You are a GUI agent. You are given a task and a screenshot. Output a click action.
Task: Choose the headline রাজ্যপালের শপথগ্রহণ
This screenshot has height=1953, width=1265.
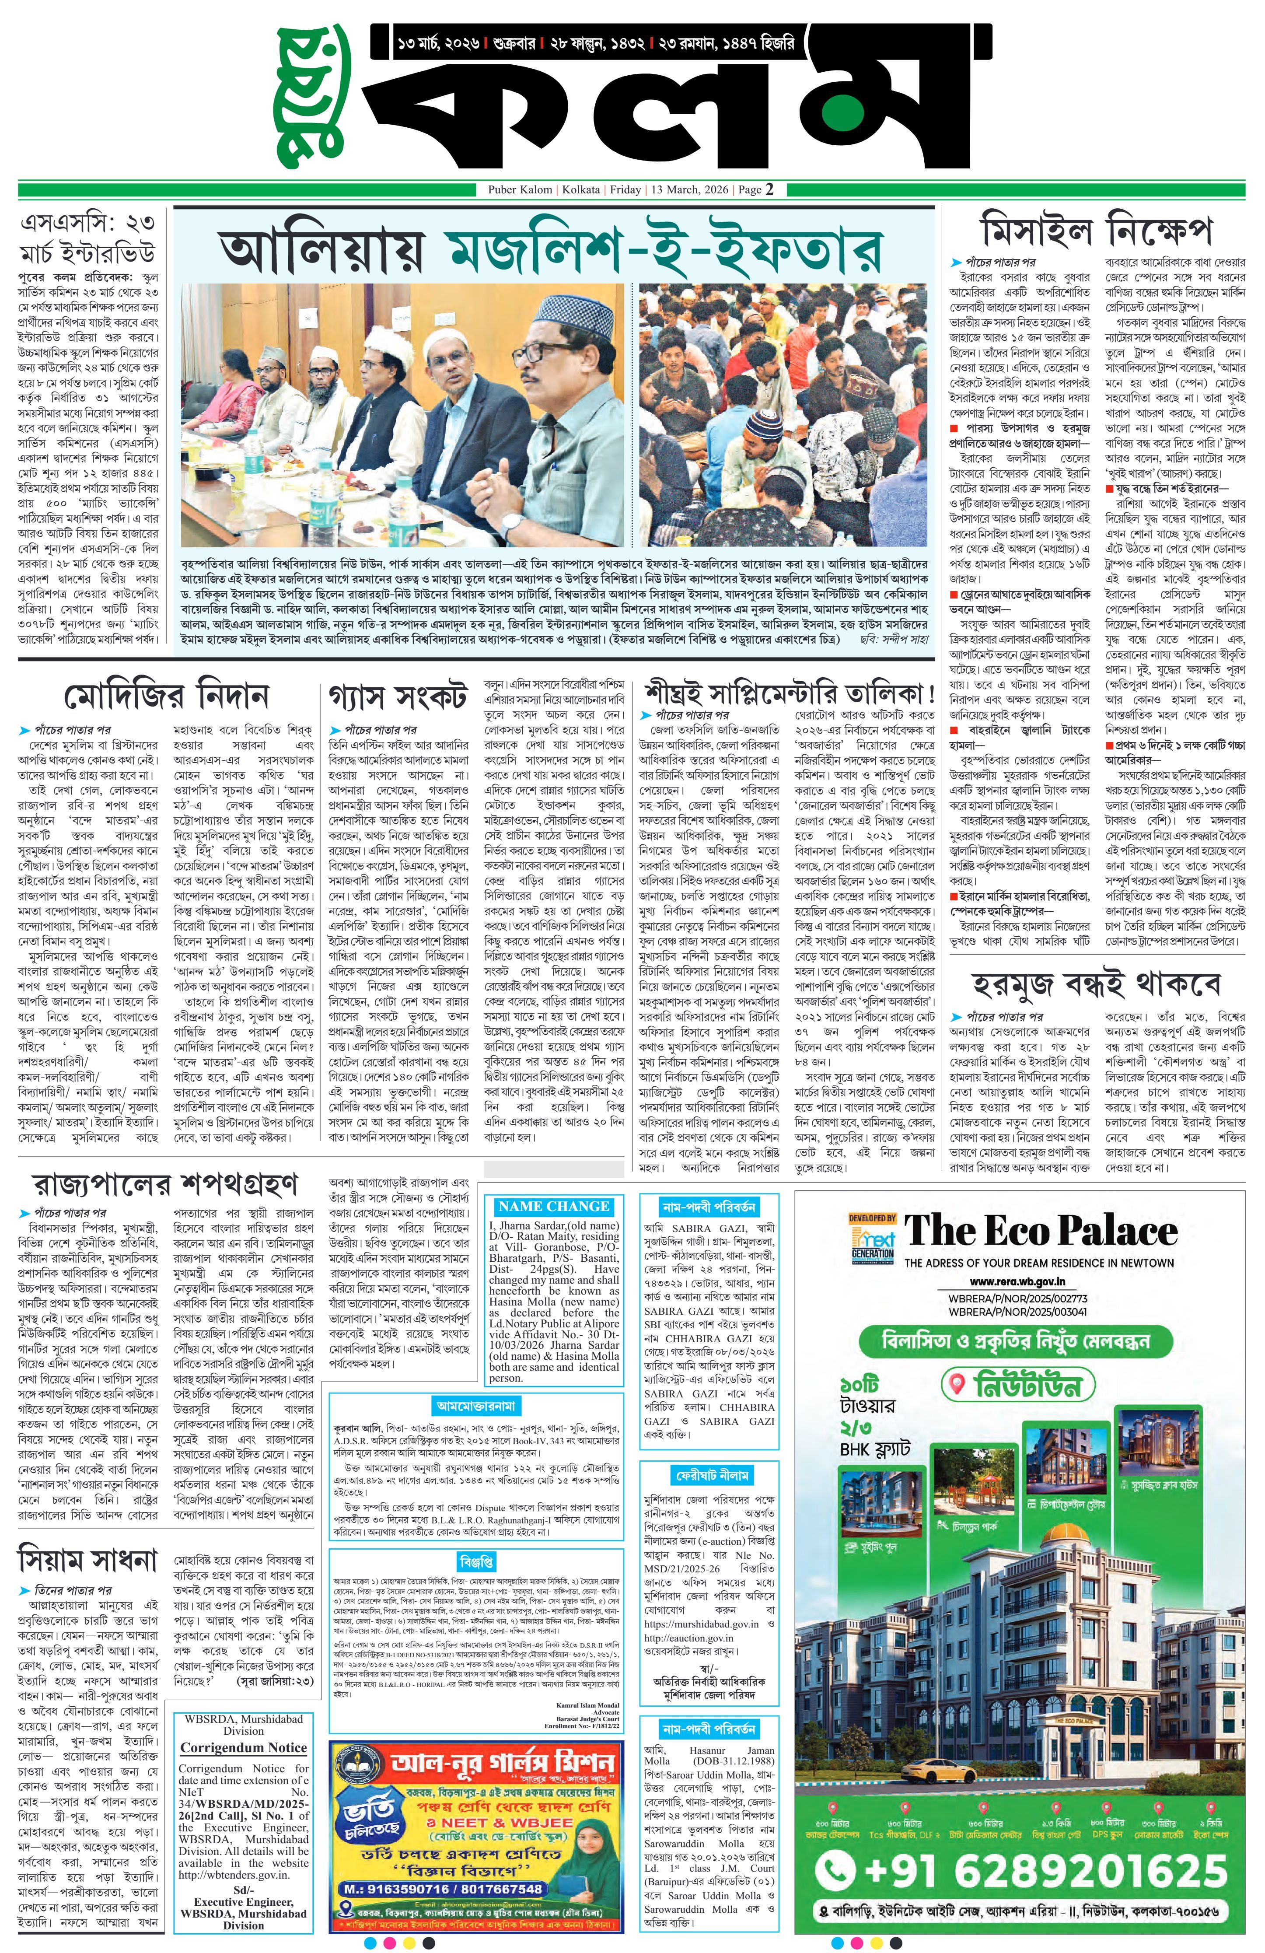click(x=164, y=1184)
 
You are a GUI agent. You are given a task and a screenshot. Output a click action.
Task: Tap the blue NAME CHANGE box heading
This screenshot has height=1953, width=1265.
click(x=554, y=1206)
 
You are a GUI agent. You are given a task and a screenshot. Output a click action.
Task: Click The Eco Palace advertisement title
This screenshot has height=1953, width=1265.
click(x=1040, y=1232)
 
